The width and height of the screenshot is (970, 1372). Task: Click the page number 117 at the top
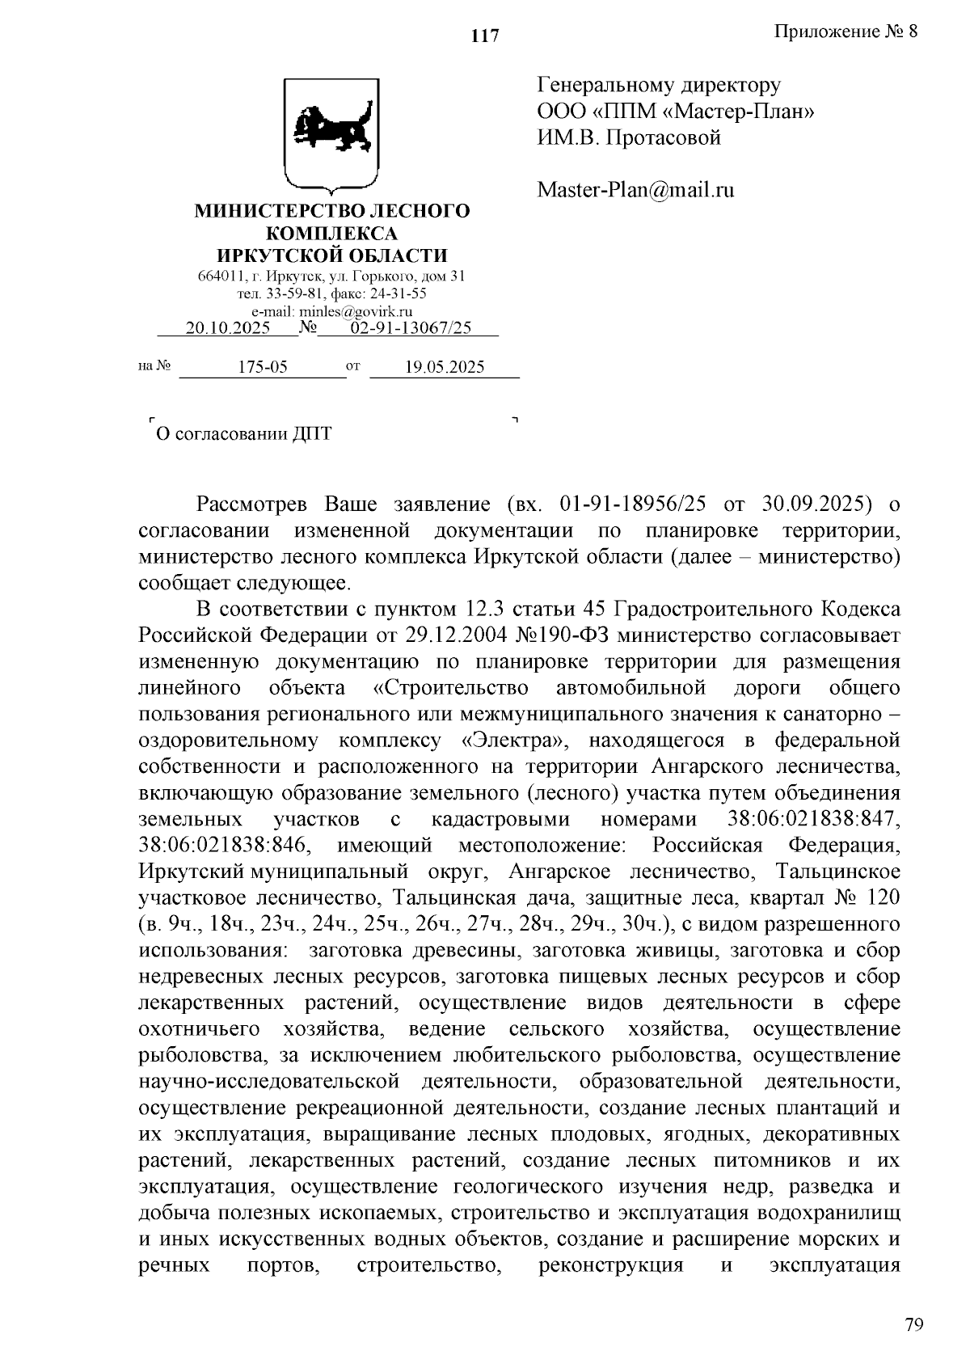click(x=485, y=36)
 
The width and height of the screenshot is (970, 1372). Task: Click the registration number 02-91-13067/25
click(x=411, y=327)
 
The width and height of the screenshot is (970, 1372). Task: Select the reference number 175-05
click(x=263, y=367)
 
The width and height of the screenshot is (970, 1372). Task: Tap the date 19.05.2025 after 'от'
click(x=445, y=367)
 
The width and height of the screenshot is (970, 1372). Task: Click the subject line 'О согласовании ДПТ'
click(x=243, y=434)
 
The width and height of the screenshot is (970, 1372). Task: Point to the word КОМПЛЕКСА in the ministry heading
click(x=331, y=234)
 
